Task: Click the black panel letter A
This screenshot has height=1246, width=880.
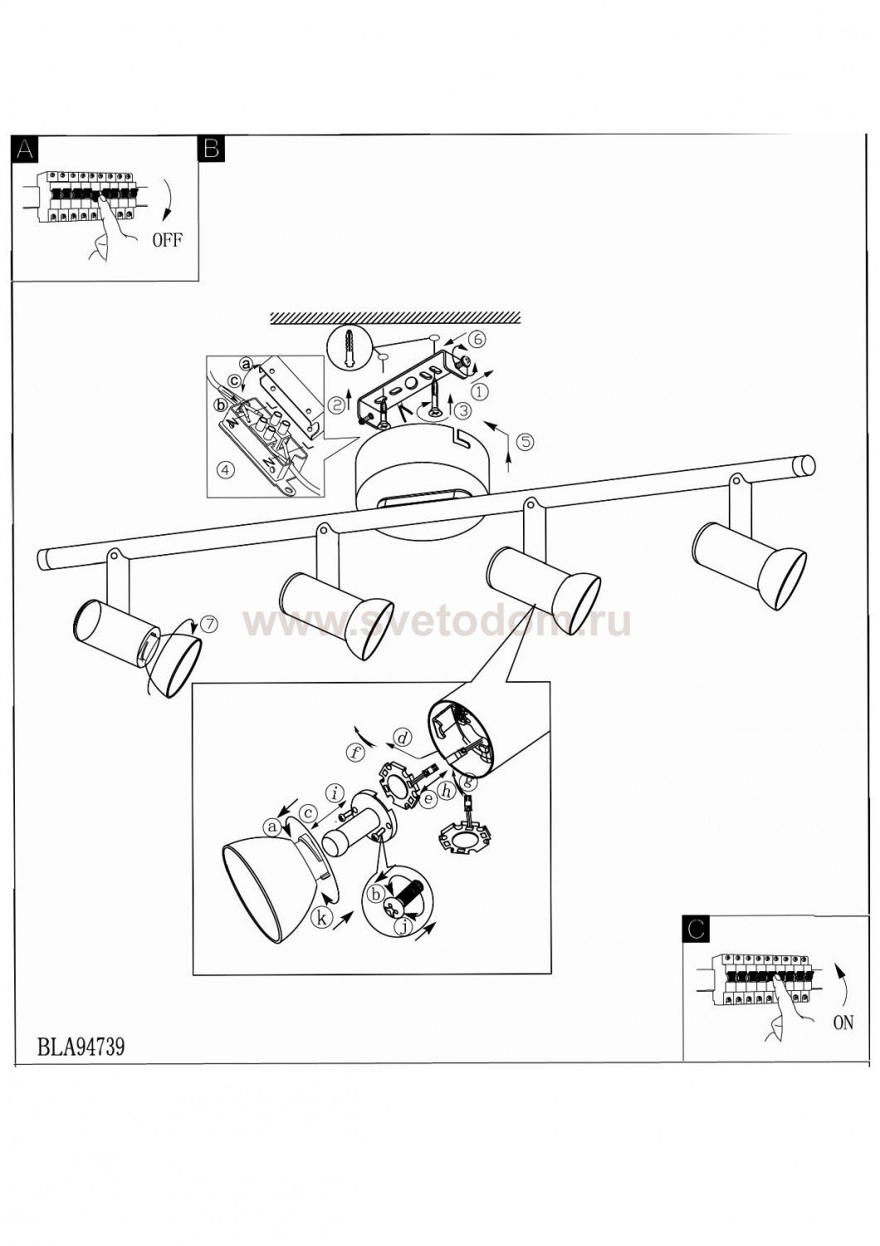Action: point(24,149)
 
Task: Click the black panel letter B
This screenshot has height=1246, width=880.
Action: point(211,149)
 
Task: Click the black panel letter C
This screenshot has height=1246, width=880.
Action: point(696,930)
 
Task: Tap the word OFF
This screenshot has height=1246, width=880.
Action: point(168,240)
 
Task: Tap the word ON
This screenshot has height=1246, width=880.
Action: point(843,1023)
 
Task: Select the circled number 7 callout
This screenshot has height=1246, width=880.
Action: point(209,624)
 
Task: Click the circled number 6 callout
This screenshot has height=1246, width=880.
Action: point(477,339)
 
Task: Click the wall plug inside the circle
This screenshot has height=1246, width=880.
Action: point(350,347)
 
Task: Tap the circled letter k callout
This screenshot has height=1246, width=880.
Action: point(320,917)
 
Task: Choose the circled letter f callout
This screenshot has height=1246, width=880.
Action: point(354,753)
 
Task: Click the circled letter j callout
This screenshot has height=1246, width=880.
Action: point(403,926)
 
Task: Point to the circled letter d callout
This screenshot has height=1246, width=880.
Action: point(402,738)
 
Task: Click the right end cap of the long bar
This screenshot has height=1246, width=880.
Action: point(806,465)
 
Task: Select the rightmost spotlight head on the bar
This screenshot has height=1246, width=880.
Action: point(750,565)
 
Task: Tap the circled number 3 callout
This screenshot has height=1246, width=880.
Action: point(462,410)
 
